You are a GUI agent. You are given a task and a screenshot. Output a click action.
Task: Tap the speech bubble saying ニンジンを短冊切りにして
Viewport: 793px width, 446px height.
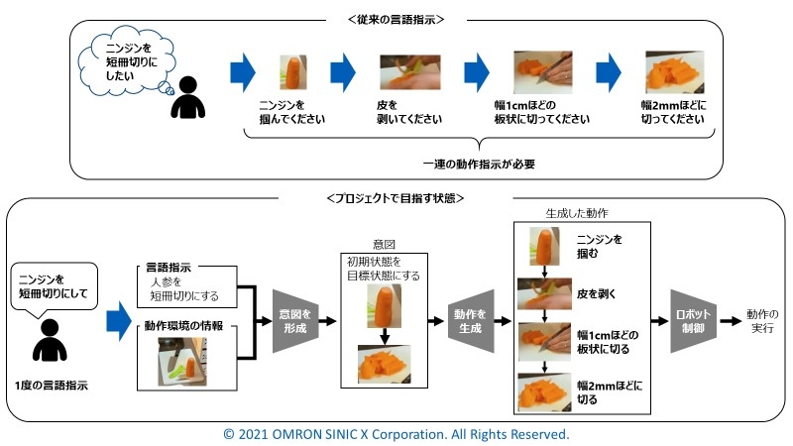(54, 286)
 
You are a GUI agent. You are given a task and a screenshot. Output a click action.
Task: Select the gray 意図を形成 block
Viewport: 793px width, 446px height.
(295, 321)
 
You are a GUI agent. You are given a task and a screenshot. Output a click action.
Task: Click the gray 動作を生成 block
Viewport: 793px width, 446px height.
(471, 321)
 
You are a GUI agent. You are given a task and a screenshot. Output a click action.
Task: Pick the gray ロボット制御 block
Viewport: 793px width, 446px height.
(693, 321)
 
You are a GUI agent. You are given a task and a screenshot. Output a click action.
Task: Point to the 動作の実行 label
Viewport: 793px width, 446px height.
(762, 321)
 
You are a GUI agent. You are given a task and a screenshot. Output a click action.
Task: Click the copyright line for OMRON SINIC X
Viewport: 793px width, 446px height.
(396, 434)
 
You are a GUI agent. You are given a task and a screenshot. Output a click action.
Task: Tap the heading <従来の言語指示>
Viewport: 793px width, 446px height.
(396, 20)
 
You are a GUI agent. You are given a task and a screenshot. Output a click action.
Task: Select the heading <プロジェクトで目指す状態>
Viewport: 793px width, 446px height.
(396, 198)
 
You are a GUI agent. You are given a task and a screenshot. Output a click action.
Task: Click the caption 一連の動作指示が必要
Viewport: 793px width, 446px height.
(479, 165)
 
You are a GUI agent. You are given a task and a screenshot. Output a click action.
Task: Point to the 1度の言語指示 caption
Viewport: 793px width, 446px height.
(52, 386)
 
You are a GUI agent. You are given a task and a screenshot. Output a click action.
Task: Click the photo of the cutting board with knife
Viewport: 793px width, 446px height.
(182, 362)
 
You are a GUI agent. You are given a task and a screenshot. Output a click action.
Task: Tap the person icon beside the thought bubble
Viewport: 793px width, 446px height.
(188, 97)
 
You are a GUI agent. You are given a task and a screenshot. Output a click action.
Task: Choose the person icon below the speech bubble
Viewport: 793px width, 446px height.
(50, 340)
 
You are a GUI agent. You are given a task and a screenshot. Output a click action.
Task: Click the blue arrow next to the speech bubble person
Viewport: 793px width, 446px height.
(119, 321)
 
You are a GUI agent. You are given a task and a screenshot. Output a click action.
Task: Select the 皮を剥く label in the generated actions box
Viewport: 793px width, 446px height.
(597, 293)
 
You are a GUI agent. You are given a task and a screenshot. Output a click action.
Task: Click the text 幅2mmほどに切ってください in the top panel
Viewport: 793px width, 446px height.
(674, 112)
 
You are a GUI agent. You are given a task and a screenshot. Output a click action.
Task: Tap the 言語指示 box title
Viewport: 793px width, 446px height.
(169, 268)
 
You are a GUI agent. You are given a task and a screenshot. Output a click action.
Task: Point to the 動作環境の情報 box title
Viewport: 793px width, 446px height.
(183, 326)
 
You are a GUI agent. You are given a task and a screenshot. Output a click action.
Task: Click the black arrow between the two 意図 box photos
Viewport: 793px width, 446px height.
(385, 336)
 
